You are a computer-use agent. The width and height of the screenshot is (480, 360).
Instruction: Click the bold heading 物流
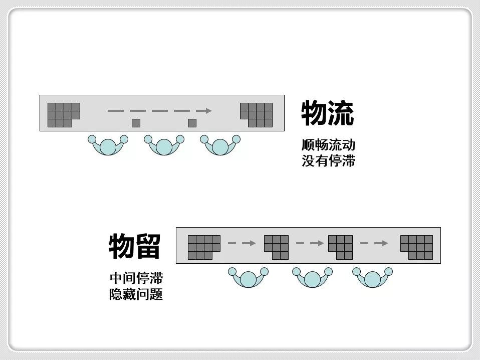point(327,113)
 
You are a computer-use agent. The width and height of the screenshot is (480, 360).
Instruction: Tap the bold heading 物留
point(134,246)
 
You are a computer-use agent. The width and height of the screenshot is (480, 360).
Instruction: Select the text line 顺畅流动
point(328,145)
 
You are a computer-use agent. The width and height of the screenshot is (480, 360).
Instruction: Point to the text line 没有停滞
point(328,161)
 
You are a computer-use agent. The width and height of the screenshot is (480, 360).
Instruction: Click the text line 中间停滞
point(136,278)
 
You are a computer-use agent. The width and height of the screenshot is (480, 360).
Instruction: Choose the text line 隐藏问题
point(136,294)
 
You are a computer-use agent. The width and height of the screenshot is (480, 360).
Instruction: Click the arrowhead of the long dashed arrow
point(206,110)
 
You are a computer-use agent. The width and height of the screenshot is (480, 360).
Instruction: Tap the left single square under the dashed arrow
point(136,123)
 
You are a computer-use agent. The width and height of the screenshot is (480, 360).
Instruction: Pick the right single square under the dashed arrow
point(192,123)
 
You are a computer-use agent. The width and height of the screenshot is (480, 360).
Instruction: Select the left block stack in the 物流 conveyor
point(62,114)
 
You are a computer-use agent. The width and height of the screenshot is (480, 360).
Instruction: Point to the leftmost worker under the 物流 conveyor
point(108,145)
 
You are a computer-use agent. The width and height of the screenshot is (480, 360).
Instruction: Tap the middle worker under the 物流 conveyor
point(164,145)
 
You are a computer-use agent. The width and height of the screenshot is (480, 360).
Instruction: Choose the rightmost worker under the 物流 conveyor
point(220,145)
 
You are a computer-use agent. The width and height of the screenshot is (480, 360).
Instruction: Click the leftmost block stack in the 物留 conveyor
point(203,247)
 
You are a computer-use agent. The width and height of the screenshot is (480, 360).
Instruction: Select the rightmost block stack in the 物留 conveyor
point(417,247)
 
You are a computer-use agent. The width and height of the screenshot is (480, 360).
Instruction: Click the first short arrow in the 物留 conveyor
point(242,243)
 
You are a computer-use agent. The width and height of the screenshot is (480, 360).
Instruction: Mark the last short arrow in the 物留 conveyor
point(374,243)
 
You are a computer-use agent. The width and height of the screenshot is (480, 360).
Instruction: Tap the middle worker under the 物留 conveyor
point(312,278)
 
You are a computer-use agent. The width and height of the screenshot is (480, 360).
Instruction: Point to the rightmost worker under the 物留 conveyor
point(372,278)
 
